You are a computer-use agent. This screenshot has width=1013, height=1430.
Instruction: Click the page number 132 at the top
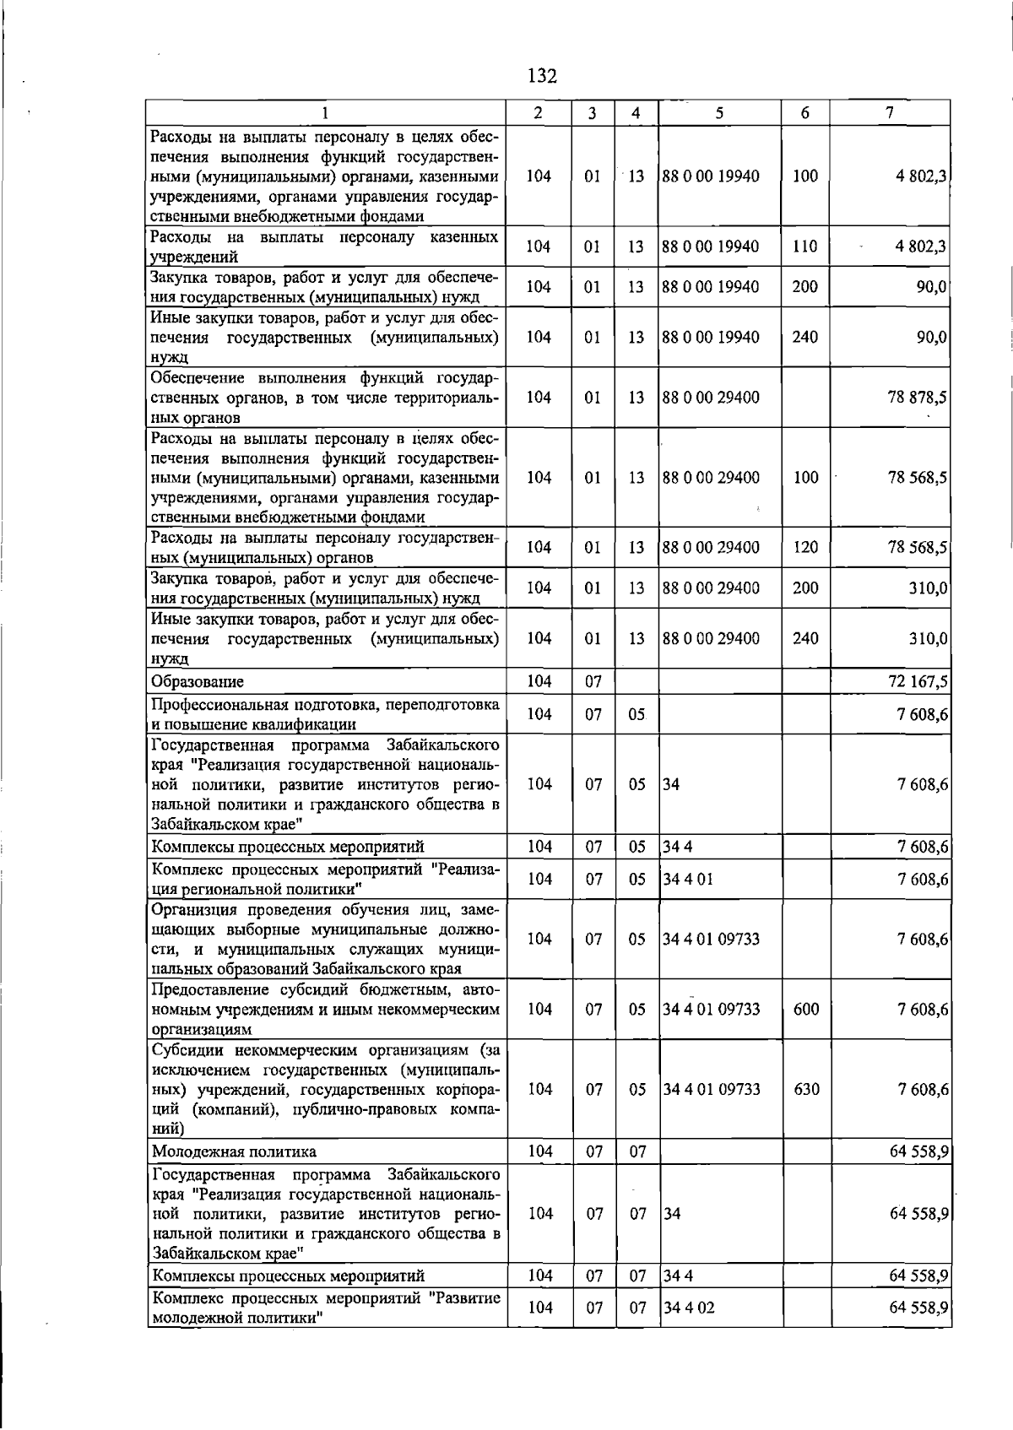point(542,77)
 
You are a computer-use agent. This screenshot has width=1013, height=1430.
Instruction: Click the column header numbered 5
point(718,113)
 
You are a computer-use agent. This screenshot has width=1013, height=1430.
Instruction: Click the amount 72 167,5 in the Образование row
point(918,681)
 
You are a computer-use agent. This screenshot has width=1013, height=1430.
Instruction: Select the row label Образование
point(198,682)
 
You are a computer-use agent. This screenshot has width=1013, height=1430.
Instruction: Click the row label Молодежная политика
point(234,1151)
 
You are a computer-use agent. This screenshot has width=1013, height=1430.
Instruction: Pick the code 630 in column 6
point(806,1089)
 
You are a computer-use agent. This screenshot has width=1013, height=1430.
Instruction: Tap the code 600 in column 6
point(806,1009)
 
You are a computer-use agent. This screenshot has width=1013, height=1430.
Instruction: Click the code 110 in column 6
point(805,246)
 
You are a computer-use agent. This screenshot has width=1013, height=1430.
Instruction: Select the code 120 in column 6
point(805,547)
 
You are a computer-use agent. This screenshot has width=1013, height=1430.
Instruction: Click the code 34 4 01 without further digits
point(688,879)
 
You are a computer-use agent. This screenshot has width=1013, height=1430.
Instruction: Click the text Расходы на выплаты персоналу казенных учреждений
point(324,246)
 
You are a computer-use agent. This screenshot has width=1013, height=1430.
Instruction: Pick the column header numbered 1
point(325,113)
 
